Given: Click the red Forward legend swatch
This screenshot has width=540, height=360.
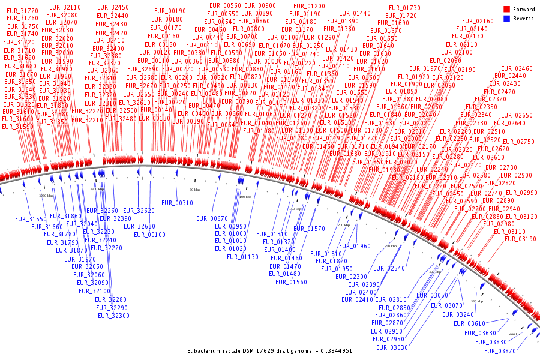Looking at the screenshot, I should (506, 10).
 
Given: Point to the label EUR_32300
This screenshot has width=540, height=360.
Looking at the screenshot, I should (113, 316).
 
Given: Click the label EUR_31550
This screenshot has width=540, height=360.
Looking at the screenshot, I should (31, 219).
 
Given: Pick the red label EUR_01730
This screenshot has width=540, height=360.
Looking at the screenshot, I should (404, 8).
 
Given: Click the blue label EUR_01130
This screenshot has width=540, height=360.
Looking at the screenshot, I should (242, 257).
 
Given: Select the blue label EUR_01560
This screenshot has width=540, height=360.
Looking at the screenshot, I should (291, 282).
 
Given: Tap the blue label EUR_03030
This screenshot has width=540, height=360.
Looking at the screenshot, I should (392, 347).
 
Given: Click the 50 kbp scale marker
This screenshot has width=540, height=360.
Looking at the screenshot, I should (194, 190).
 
